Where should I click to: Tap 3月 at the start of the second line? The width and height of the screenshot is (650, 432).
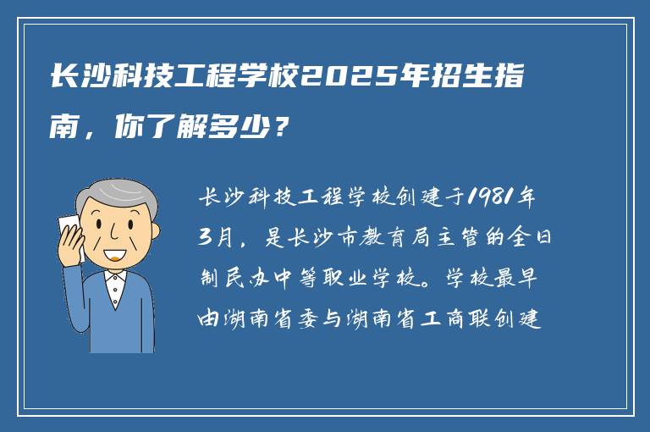tap(214, 238)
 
